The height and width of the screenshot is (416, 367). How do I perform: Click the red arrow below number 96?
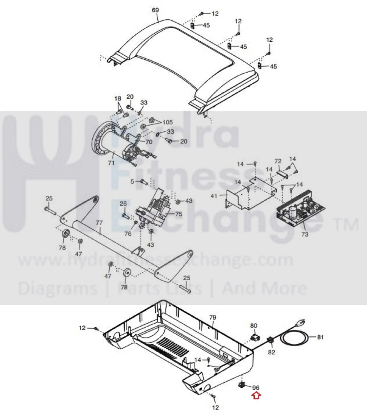click(x=256, y=396)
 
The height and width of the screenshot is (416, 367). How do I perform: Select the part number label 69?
click(x=155, y=10)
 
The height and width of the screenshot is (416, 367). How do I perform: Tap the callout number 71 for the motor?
click(x=111, y=163)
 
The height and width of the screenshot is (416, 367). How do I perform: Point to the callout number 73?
click(x=305, y=234)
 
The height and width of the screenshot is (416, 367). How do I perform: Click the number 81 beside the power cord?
click(x=320, y=337)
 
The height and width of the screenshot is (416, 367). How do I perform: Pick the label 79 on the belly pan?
click(x=213, y=317)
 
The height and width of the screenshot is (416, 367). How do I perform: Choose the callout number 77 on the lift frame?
click(x=99, y=223)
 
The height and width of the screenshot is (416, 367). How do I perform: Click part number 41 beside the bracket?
click(x=214, y=196)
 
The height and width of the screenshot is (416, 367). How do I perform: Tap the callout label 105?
click(x=168, y=122)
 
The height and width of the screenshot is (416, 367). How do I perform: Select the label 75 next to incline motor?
click(x=179, y=214)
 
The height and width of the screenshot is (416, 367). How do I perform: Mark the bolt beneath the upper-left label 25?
click(x=51, y=210)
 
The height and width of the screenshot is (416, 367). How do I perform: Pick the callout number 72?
click(x=278, y=161)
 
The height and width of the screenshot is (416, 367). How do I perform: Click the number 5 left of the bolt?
click(x=132, y=181)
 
